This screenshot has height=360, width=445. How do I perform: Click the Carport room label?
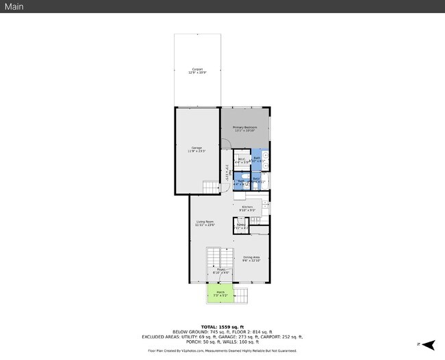pos(197,70)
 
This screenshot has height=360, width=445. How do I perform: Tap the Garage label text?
pos(197,149)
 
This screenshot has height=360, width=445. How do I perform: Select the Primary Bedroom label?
pos(244,129)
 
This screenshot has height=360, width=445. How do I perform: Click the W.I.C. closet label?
pos(242,160)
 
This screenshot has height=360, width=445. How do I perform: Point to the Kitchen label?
pos(248,208)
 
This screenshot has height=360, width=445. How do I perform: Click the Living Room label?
pos(205,223)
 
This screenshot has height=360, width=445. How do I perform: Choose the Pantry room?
pos(241,226)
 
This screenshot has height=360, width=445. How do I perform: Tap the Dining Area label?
pos(252,259)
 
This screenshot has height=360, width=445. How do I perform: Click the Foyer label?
pos(221,271)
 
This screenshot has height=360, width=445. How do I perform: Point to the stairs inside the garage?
pos(209,186)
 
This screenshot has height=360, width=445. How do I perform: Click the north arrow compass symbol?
pos(427,344)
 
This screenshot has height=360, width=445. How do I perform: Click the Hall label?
pos(227,172)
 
